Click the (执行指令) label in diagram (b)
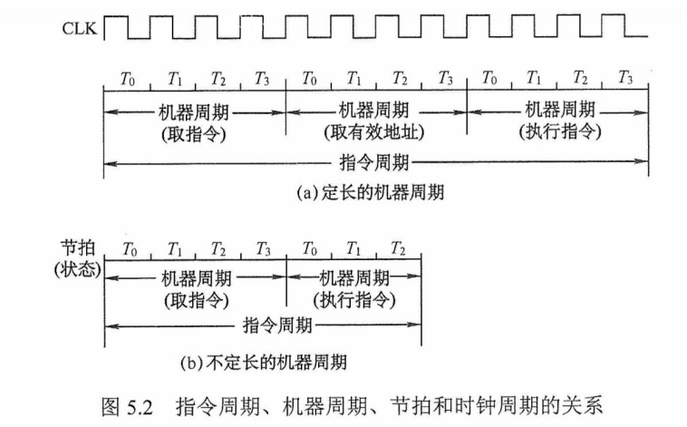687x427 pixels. tap(354, 299)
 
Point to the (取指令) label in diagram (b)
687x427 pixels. tap(194, 299)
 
